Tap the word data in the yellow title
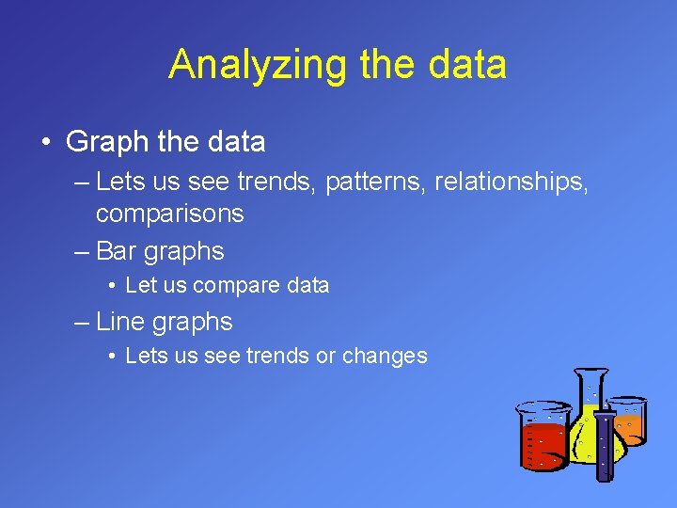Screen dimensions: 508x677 (464, 65)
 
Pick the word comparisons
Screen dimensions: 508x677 (169, 214)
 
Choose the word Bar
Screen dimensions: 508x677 (117, 251)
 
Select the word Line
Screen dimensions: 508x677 (120, 322)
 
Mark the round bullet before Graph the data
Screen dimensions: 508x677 (45, 143)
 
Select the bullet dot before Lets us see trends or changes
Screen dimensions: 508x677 (112, 357)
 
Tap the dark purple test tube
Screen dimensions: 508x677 (605, 447)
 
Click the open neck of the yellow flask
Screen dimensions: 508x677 (591, 373)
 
